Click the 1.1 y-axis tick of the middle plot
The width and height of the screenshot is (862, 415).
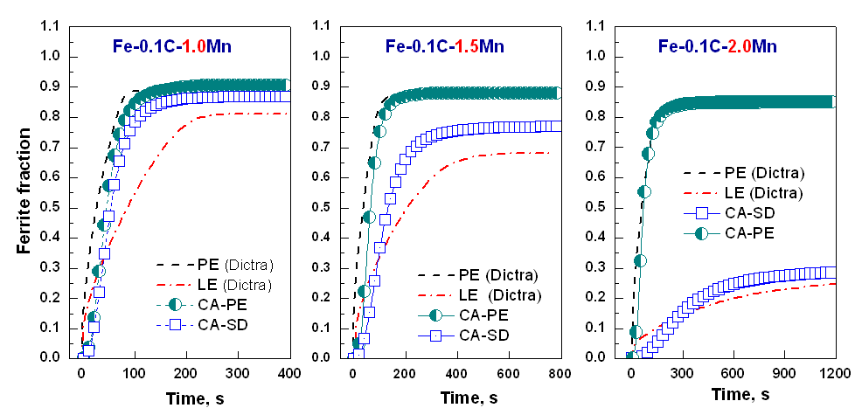(323, 27)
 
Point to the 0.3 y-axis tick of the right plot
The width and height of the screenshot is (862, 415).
(599, 268)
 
